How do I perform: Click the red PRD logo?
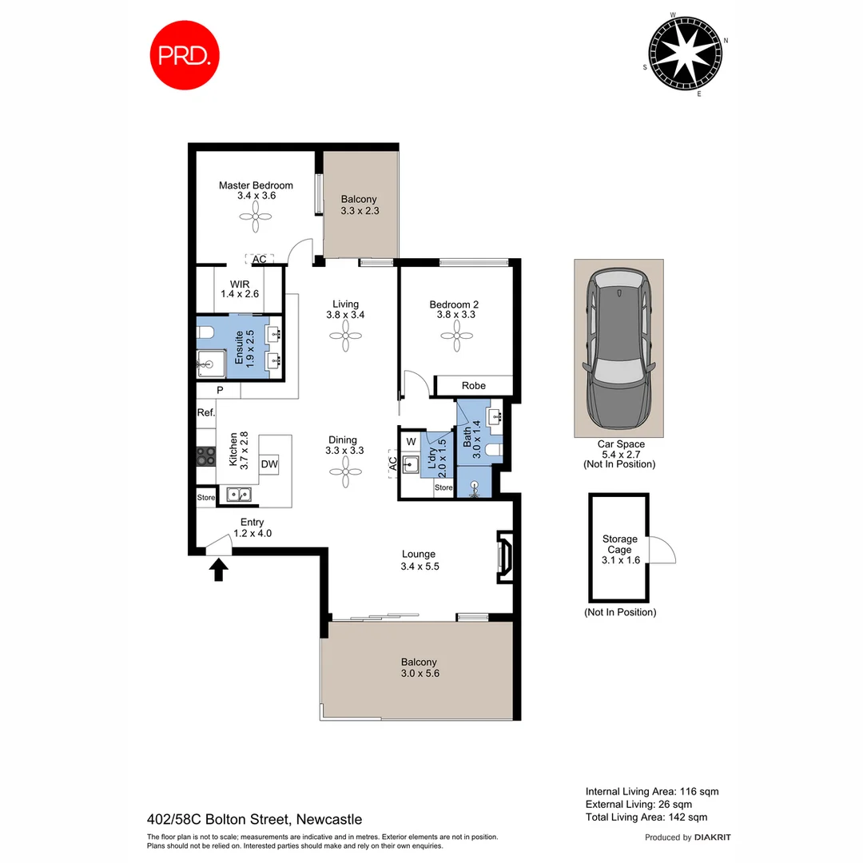tap(185, 54)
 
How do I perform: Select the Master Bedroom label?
tap(256, 190)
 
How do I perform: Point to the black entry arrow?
tap(218, 569)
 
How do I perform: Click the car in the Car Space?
tap(618, 348)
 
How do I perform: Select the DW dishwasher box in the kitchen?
tap(269, 464)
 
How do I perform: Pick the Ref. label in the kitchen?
tap(206, 413)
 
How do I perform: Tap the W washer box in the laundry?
tap(412, 441)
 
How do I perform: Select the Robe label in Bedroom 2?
tap(473, 386)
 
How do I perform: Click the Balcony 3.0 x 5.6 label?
tap(419, 667)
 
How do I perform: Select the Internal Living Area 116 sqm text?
tap(651, 791)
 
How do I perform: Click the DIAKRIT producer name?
tap(713, 837)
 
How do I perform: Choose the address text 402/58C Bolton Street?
tap(254, 819)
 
